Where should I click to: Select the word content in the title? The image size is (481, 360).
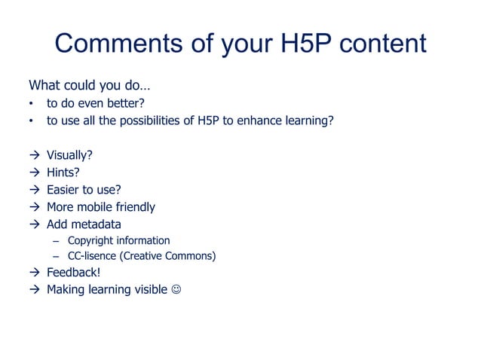tap(382, 44)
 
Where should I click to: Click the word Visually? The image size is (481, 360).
tap(69, 156)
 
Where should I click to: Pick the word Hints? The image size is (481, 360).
tap(63, 172)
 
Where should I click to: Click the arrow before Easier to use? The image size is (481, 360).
tap(34, 190)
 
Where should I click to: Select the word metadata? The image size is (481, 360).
tap(97, 224)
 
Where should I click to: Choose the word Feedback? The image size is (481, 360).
tap(73, 273)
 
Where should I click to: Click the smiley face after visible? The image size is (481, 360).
tap(176, 290)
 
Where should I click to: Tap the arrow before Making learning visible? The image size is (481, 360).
tap(34, 290)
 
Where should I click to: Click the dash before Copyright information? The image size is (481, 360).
tap(56, 241)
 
